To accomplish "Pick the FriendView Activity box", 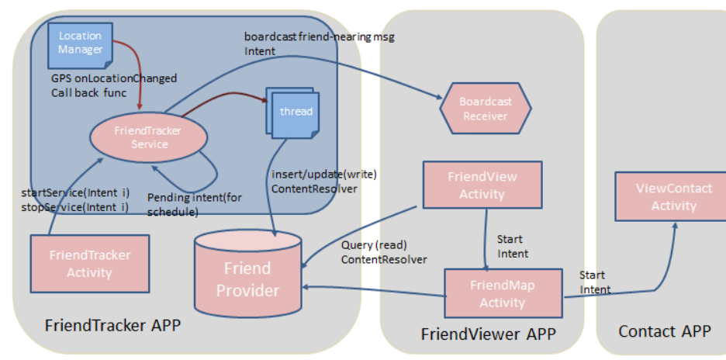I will click(x=482, y=185).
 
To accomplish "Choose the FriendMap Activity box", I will click(x=501, y=293).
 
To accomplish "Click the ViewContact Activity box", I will click(x=673, y=196).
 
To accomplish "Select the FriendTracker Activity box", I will click(x=89, y=263).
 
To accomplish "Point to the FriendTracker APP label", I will click(x=112, y=325).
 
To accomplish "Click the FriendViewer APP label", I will click(x=489, y=334).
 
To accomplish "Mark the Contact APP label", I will click(x=664, y=331).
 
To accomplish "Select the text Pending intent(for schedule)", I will click(x=194, y=204).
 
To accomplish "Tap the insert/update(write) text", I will click(x=323, y=174).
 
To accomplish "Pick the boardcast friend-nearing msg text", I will click(x=319, y=36).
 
